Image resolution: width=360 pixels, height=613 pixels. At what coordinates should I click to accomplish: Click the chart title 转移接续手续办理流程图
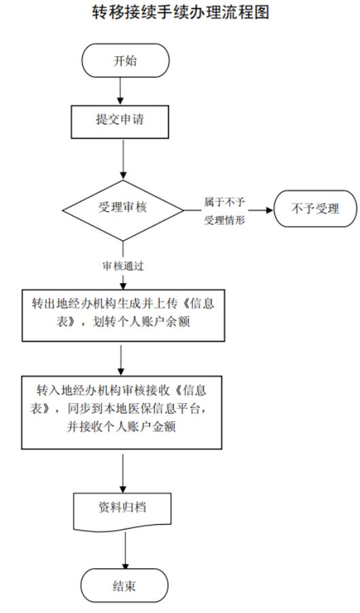coord(181,12)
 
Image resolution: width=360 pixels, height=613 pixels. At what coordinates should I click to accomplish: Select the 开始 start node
coord(125,60)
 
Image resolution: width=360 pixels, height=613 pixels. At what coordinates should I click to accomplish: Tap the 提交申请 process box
coord(120,122)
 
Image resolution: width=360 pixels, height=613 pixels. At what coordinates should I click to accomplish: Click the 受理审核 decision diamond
coord(123,210)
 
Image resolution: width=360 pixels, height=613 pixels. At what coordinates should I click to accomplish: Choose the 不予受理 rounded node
coord(315,208)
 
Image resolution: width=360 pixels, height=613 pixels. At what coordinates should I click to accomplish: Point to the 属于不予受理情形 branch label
coord(224,211)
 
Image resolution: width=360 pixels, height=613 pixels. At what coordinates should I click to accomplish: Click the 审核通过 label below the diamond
coord(123,266)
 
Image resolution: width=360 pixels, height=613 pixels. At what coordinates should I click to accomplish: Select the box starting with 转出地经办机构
coord(123,315)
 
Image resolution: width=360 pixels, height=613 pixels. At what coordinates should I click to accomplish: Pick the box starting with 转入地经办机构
coord(122,413)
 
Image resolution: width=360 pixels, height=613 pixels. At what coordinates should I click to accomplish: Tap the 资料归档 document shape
coord(122,511)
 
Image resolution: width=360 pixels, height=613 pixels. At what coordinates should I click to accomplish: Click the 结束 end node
coord(124,586)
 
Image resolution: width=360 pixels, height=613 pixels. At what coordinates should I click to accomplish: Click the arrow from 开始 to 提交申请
coord(120,91)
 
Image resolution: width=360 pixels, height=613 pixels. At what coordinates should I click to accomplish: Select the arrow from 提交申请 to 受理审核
coord(123,159)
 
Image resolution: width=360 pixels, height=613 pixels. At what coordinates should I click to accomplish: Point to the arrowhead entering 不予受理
coord(269,210)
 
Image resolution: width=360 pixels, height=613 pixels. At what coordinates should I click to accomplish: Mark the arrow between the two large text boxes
coord(122,358)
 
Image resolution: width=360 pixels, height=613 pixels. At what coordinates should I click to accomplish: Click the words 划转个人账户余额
coord(141,322)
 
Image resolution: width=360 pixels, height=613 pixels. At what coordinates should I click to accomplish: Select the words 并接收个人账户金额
coord(122,426)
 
